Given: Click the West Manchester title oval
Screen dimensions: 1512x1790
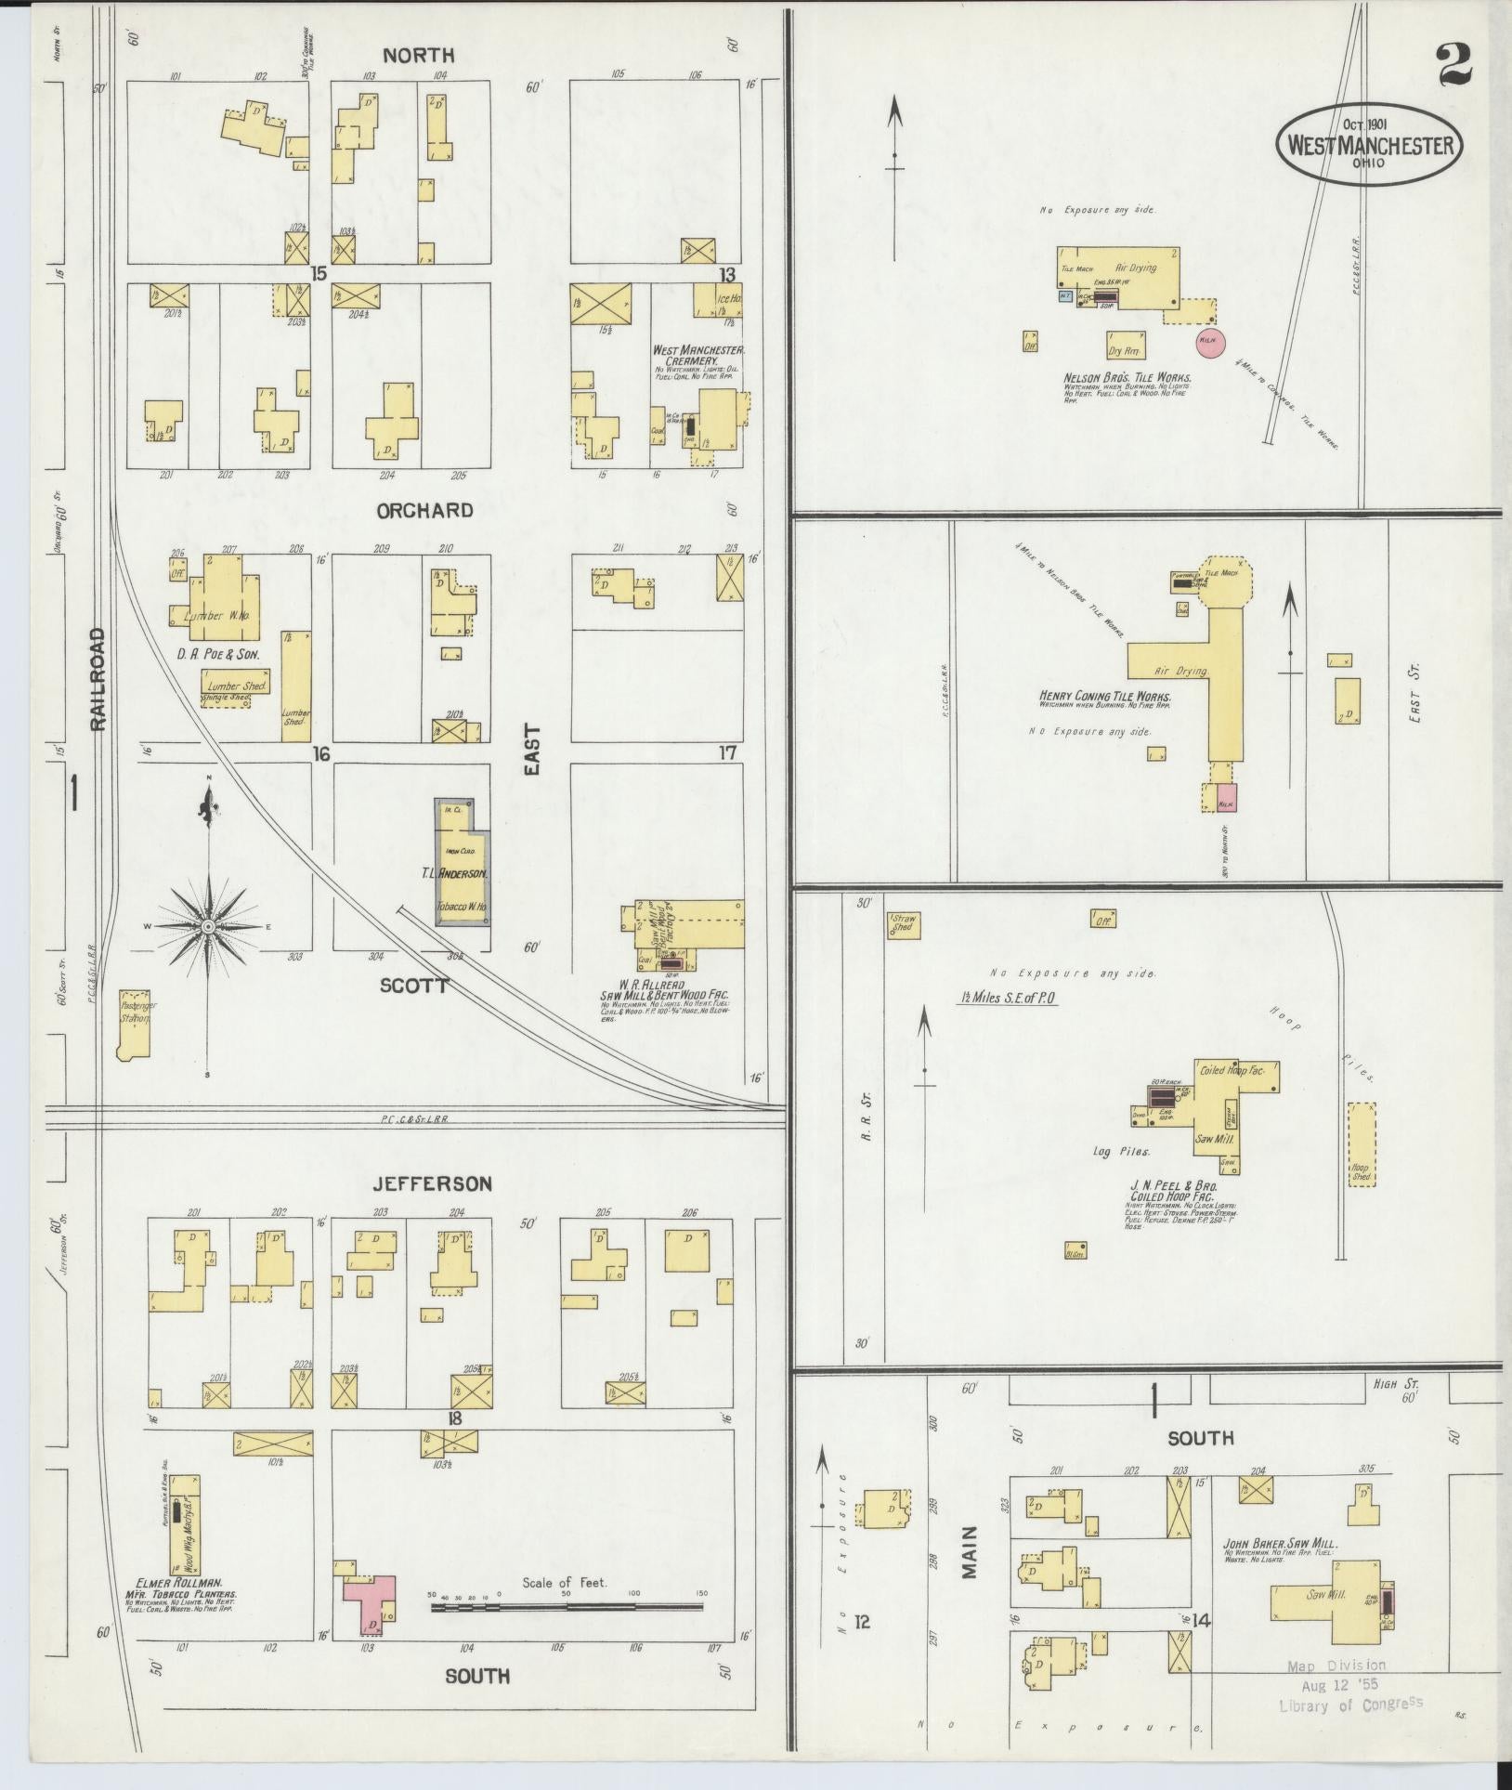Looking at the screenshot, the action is pos(1369,145).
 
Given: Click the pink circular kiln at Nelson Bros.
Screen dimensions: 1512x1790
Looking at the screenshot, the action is pos(1210,341).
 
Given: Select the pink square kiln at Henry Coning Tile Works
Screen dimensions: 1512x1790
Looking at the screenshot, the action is pos(1227,796).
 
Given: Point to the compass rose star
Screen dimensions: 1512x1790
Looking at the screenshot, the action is pos(209,926).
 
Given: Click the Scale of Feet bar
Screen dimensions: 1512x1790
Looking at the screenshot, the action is pos(567,1605).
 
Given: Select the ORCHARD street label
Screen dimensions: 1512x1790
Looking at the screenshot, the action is pos(424,510).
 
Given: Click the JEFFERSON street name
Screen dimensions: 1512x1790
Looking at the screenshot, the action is pos(432,1183).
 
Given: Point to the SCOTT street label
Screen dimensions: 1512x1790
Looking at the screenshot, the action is pos(414,985).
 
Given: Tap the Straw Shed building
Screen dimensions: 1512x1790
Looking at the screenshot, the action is pos(903,924).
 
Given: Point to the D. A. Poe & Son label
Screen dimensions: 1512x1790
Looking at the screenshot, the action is pos(217,654).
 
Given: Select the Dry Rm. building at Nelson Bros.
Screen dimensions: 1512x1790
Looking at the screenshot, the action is pos(1126,346).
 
